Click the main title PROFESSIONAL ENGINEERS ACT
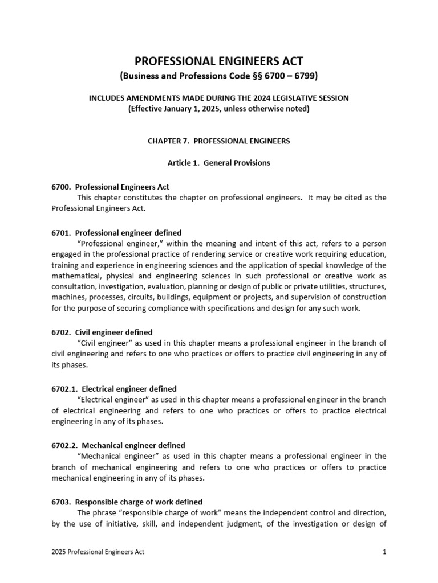coord(218,61)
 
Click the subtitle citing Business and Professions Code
coord(218,76)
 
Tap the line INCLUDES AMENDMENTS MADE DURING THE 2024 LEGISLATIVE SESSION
coord(218,98)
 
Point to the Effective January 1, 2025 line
coord(218,109)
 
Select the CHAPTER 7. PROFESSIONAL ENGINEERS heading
coord(218,141)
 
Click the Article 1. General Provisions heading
coord(218,163)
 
